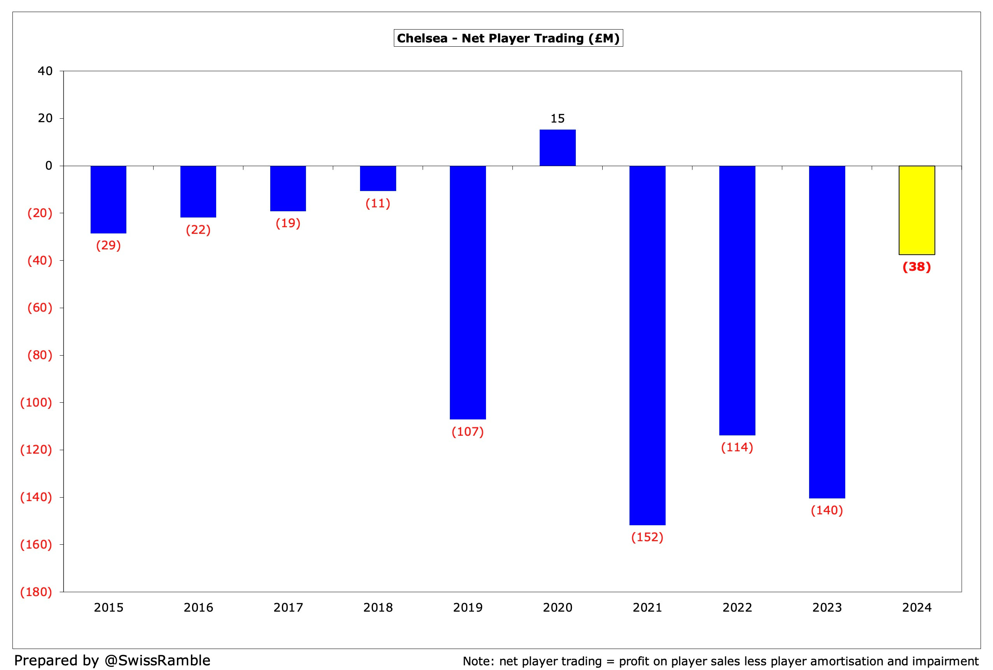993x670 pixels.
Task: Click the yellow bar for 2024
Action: [916, 210]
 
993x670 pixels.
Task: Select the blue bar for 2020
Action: [557, 147]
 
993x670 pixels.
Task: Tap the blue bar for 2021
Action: [647, 345]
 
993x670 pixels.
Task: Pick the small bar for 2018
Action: [378, 178]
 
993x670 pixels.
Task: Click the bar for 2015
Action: [108, 199]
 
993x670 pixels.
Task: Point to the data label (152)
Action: [647, 537]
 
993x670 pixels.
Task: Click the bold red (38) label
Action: [916, 267]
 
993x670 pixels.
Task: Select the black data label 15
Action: [557, 118]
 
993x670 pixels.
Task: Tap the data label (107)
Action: [467, 431]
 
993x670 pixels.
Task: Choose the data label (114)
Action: [737, 447]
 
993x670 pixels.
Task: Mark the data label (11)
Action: [378, 203]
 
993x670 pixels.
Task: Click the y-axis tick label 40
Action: [45, 71]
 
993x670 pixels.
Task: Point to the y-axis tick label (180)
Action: [36, 592]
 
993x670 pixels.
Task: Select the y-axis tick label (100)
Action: [36, 403]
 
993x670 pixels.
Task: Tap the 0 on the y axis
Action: [49, 166]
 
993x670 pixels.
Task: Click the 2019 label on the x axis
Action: [467, 608]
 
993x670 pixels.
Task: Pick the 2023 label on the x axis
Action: [827, 608]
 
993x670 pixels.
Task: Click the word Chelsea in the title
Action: [422, 39]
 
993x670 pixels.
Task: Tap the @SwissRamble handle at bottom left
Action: [157, 660]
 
